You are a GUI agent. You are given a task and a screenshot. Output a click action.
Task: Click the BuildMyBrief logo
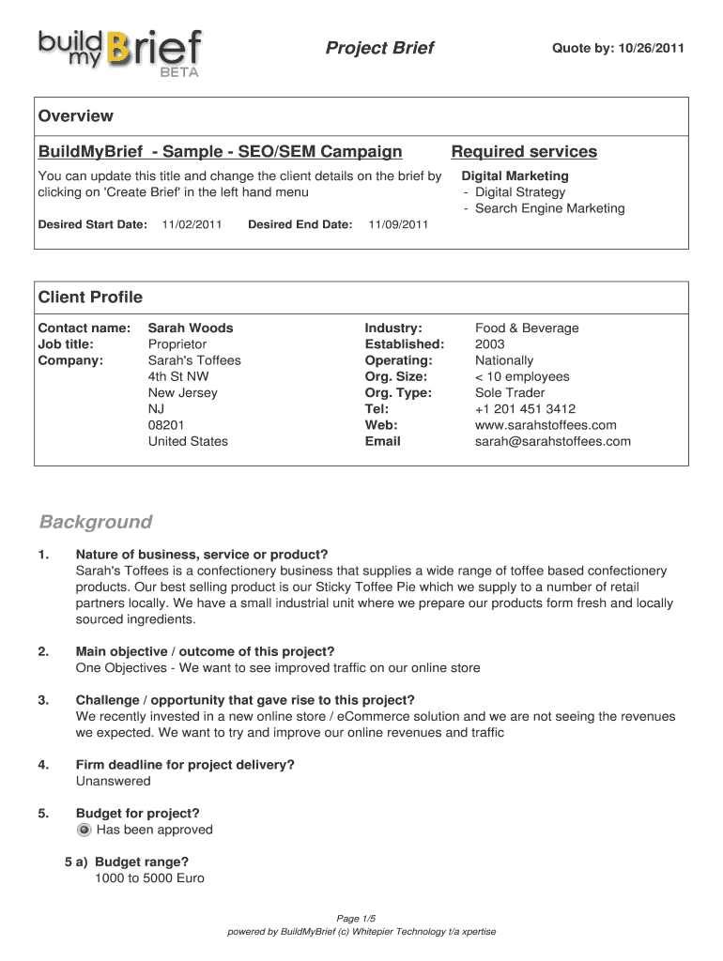(x=119, y=51)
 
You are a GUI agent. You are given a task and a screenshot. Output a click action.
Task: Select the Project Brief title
(x=379, y=48)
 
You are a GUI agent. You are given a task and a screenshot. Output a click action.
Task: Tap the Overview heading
(x=75, y=116)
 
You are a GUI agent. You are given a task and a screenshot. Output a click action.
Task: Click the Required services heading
(x=524, y=152)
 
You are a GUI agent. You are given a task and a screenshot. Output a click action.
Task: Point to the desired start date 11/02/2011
(x=192, y=224)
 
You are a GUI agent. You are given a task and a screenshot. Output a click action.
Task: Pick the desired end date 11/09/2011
(x=398, y=224)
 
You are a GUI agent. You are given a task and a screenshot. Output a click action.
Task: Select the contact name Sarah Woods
(x=191, y=328)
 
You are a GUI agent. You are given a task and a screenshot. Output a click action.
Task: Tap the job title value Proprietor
(x=177, y=344)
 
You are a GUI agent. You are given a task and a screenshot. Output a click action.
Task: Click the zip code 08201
(x=166, y=425)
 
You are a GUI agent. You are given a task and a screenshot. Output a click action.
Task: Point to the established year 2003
(x=490, y=344)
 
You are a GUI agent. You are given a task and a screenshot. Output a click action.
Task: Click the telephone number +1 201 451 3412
(x=526, y=409)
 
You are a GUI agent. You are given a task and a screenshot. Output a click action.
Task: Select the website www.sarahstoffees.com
(x=546, y=425)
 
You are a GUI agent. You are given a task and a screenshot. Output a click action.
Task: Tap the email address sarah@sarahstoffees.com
(x=553, y=441)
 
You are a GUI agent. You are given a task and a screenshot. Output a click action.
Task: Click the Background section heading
(x=95, y=522)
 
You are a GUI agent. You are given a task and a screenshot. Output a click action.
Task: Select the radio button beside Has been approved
(x=85, y=831)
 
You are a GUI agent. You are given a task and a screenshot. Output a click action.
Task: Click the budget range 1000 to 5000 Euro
(x=149, y=878)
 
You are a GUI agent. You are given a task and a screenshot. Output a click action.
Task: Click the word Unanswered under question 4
(x=113, y=781)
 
